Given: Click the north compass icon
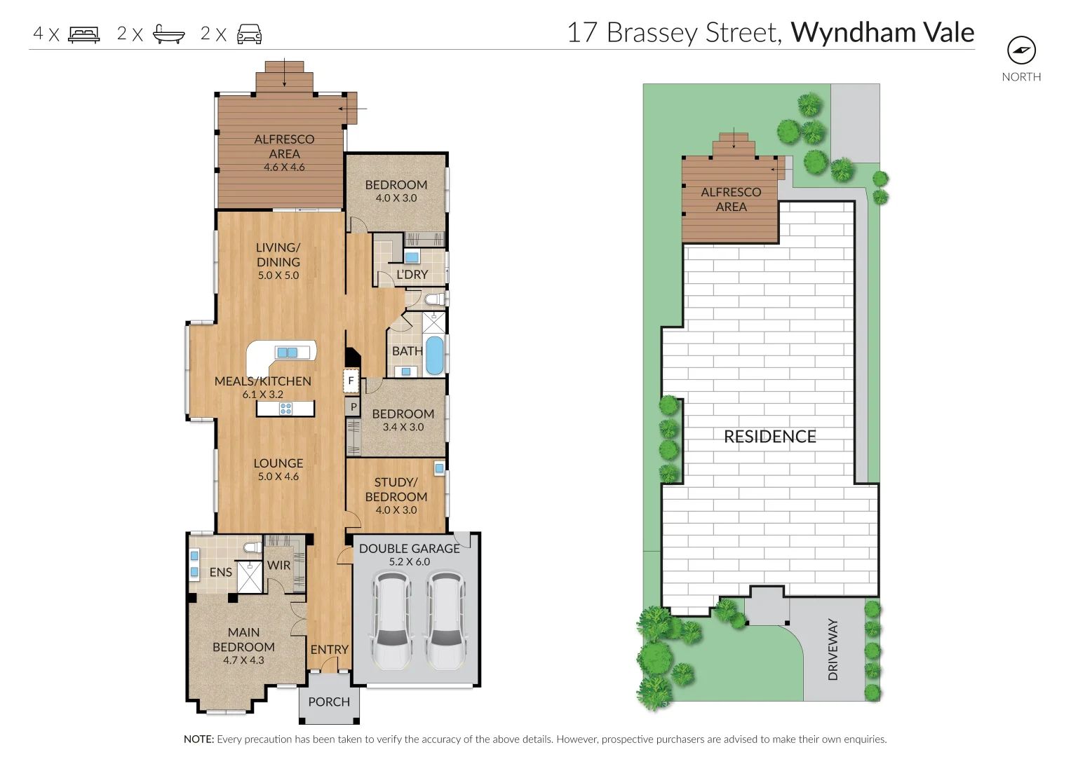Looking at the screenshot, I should [x=1021, y=50].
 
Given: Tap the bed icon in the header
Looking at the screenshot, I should [x=84, y=34].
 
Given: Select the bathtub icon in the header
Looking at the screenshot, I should [x=169, y=34].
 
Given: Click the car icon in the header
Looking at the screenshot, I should [x=249, y=34].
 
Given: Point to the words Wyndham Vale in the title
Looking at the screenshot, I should [x=882, y=33].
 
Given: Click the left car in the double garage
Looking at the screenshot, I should [x=391, y=620].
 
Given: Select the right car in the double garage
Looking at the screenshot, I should [x=445, y=620].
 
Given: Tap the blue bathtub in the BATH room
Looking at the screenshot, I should [x=434, y=355].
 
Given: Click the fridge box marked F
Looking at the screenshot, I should [x=351, y=381].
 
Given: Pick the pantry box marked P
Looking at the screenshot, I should [x=353, y=407].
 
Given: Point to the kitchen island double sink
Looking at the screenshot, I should [x=287, y=353].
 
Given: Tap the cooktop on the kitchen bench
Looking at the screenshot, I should [x=285, y=409].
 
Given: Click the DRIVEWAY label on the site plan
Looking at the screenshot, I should [x=833, y=649].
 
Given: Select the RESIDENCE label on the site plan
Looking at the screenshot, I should [x=769, y=437].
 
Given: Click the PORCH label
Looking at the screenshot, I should [x=328, y=702].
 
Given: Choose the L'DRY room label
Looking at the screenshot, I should [x=412, y=275].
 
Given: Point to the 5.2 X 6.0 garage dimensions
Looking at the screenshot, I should [x=409, y=561].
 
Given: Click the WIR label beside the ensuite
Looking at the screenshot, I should [x=278, y=565].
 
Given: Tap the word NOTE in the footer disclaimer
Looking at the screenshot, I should [x=198, y=739].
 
